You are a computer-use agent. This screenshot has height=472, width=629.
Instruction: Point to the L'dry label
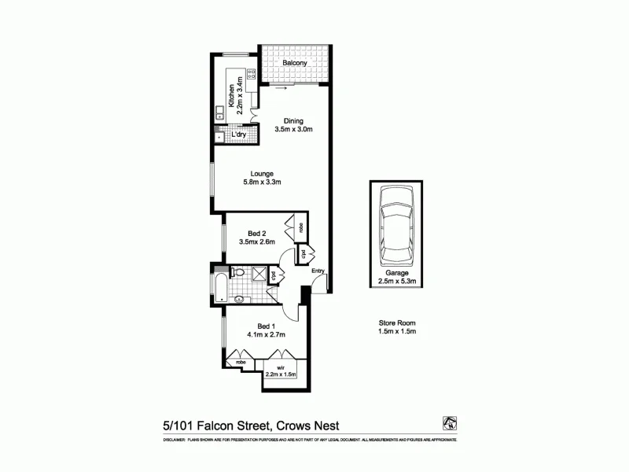(x=239, y=135)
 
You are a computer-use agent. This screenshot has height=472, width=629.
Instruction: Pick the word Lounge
(x=262, y=174)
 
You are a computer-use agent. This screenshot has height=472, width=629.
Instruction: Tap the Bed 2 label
(x=259, y=233)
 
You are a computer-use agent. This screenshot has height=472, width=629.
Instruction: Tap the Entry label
(x=318, y=271)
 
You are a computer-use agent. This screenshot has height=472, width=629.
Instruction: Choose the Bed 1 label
(x=267, y=326)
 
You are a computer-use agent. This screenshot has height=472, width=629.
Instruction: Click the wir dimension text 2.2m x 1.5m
(x=280, y=374)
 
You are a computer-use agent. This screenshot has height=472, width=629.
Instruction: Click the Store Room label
(x=394, y=323)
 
